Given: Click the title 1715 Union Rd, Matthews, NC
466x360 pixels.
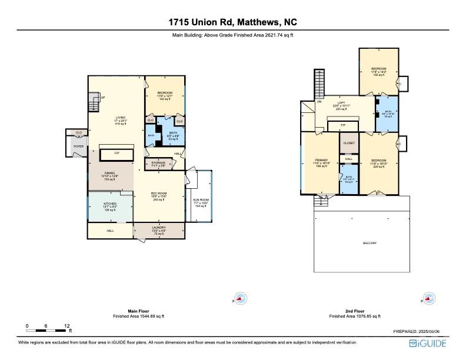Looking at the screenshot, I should point(232,22).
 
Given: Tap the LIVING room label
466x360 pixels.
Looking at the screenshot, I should point(120,118).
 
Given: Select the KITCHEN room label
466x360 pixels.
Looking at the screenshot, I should point(110,205).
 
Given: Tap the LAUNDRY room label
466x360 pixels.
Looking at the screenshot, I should point(158,228).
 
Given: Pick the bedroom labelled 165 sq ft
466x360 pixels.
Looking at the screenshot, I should point(379,69).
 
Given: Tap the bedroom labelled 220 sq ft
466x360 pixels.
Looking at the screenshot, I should point(378,161).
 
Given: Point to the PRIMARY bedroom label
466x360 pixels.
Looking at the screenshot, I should point(321,160).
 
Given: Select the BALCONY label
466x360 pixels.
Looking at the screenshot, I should point(369,243).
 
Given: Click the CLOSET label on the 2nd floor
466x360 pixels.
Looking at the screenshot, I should point(349,143).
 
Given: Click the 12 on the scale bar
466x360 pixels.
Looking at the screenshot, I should point(68,325).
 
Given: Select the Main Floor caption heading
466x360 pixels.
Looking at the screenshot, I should point(138,311).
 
